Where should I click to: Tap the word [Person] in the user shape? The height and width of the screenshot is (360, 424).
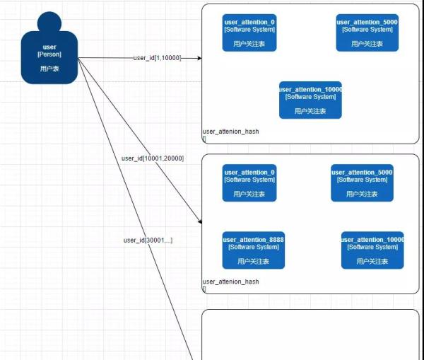coord(49,54)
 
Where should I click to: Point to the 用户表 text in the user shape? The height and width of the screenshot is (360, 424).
coord(49,69)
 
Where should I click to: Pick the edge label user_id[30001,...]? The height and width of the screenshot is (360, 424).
coord(148,240)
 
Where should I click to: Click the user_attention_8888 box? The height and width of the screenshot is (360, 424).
coord(254,250)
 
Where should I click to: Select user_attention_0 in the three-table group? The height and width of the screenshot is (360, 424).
coord(249,33)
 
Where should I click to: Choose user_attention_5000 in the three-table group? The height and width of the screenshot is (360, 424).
coord(367,33)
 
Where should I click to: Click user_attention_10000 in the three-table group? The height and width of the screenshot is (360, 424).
coord(310,100)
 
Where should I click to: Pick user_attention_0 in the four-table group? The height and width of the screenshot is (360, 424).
coord(249,182)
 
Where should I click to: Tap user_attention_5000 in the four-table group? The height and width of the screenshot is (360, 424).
coord(362,182)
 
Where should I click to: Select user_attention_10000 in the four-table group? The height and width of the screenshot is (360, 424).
coord(372,250)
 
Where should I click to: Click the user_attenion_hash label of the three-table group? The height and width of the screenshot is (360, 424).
coord(230,132)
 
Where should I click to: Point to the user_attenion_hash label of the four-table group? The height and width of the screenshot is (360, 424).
coord(230,281)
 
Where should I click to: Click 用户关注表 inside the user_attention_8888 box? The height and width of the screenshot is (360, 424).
coord(254,261)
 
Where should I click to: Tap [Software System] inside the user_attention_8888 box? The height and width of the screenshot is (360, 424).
coord(254,248)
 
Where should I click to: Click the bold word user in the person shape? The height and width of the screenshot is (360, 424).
coord(49,47)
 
